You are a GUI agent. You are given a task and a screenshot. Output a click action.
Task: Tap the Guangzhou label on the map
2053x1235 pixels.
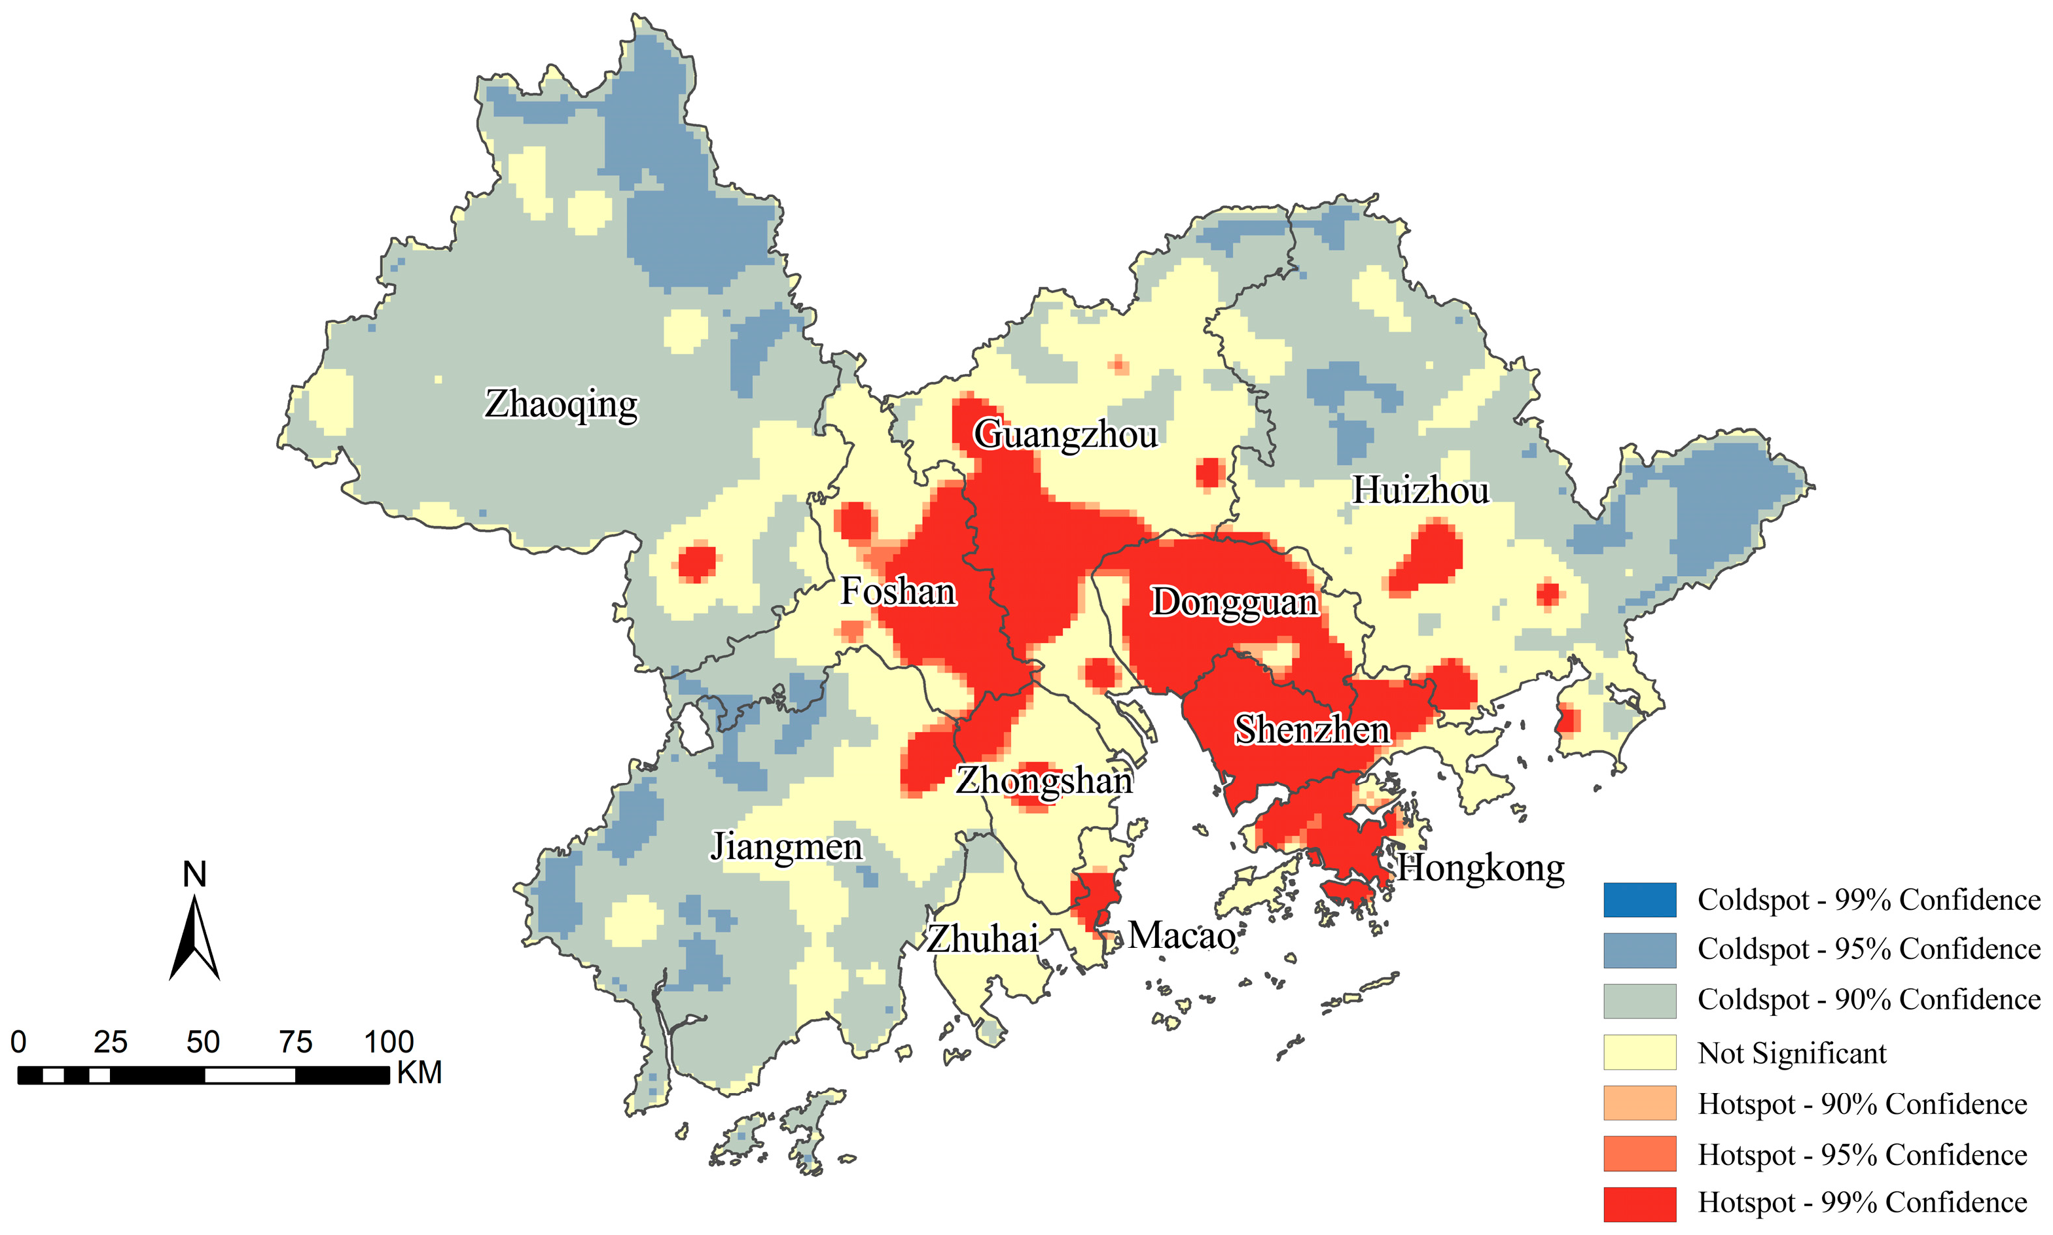click(x=1065, y=434)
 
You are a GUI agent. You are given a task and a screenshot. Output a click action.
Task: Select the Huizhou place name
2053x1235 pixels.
click(x=1419, y=489)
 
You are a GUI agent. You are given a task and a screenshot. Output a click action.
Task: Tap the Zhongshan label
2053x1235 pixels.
click(x=1043, y=780)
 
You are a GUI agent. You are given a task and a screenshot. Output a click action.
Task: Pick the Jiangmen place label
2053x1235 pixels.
click(x=786, y=846)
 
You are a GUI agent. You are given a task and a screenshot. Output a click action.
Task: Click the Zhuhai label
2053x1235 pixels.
click(x=982, y=939)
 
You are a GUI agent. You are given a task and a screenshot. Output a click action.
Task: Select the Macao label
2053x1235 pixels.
click(x=1181, y=935)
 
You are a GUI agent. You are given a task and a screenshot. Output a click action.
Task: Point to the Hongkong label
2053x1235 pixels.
click(x=1480, y=867)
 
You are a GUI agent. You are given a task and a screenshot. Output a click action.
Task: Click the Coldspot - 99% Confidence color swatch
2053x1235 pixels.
click(x=1639, y=899)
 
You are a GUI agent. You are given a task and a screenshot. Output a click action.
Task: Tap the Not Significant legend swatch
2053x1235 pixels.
click(x=1639, y=1052)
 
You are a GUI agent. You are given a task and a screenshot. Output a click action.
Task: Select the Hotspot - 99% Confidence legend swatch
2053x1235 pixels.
click(x=1639, y=1204)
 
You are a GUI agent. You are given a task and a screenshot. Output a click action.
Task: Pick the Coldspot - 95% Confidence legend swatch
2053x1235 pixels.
click(x=1639, y=950)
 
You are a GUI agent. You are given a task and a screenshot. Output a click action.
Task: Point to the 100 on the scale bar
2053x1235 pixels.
click(x=388, y=1042)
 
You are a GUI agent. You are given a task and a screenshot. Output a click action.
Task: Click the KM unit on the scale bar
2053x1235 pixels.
click(x=419, y=1073)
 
